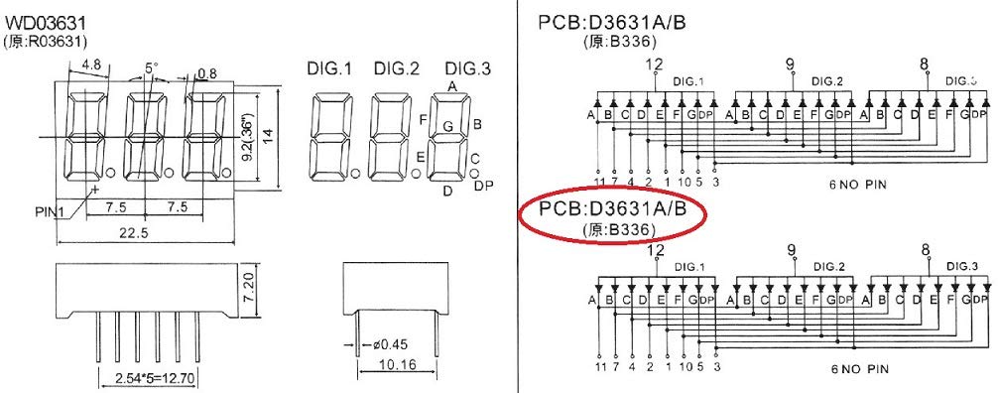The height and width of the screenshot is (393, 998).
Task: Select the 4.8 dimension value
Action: coord(91,65)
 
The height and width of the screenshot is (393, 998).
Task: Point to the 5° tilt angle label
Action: coord(151,68)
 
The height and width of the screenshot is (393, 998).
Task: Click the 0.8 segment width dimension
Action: coord(207,72)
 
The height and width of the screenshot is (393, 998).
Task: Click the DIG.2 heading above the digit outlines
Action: coord(396,68)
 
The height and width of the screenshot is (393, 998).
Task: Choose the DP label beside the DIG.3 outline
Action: coord(483,186)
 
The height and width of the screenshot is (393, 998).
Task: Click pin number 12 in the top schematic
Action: coord(654,65)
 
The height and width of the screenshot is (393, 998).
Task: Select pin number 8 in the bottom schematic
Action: coord(925,251)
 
